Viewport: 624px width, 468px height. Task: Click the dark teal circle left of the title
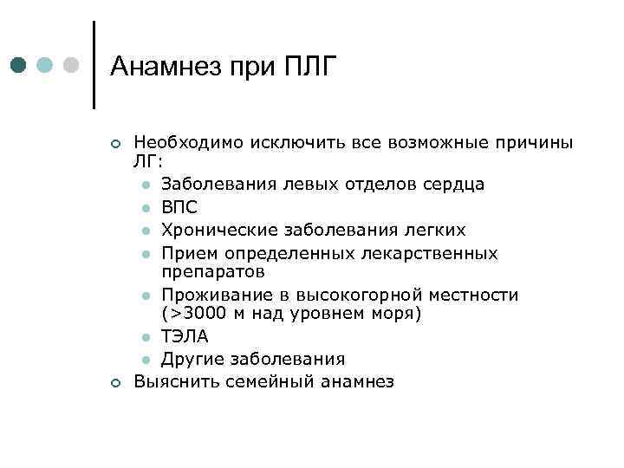(x=20, y=64)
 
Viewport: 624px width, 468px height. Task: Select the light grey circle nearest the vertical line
(x=72, y=64)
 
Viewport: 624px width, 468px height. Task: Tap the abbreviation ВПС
(x=179, y=207)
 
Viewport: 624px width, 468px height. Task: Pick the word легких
(x=435, y=230)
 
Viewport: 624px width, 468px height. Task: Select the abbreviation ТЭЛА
(x=185, y=336)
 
